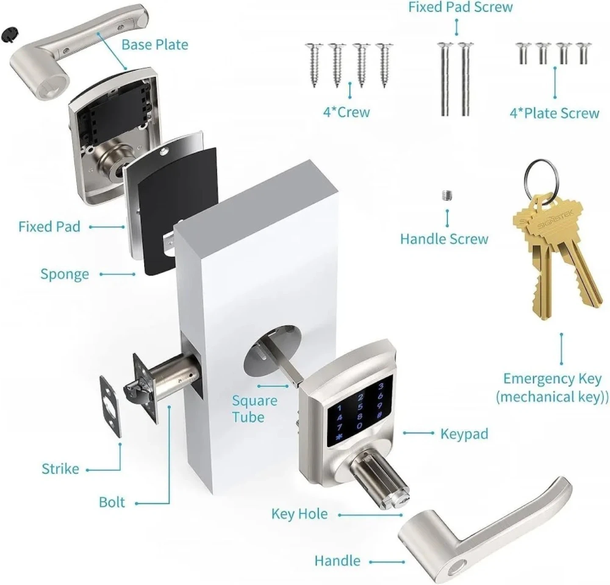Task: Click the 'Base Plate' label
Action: point(155,45)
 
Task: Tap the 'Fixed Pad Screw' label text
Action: point(460,7)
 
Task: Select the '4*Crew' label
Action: point(347,112)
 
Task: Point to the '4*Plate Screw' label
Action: point(554,113)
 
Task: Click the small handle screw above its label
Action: point(446,196)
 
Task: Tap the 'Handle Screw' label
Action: point(444,239)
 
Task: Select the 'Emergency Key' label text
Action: point(552,378)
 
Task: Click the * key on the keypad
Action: point(338,438)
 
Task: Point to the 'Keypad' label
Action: point(464,434)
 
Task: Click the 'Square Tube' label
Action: point(255,408)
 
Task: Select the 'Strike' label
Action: point(60,469)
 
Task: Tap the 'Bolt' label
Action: point(112,502)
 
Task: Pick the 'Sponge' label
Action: point(64,274)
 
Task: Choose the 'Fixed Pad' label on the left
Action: point(49,227)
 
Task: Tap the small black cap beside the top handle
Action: point(10,34)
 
